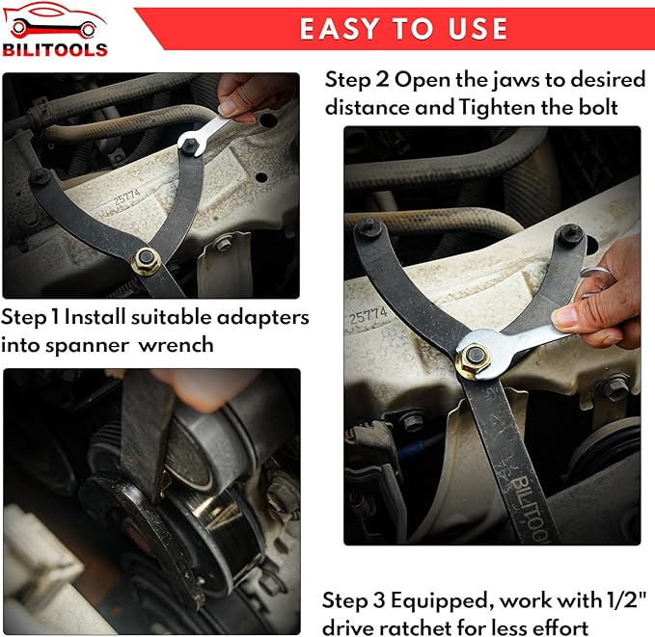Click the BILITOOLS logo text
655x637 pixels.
[55, 50]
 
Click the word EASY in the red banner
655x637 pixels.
[340, 29]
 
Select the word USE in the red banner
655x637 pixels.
[478, 29]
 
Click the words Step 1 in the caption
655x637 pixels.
[31, 317]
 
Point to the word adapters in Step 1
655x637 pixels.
[263, 317]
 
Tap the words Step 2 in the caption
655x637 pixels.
[357, 80]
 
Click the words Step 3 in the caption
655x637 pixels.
[354, 600]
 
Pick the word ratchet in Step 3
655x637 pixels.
[417, 627]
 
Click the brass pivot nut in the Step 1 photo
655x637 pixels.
[146, 261]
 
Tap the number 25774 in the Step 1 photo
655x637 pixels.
[127, 197]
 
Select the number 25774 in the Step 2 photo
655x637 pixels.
[368, 316]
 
